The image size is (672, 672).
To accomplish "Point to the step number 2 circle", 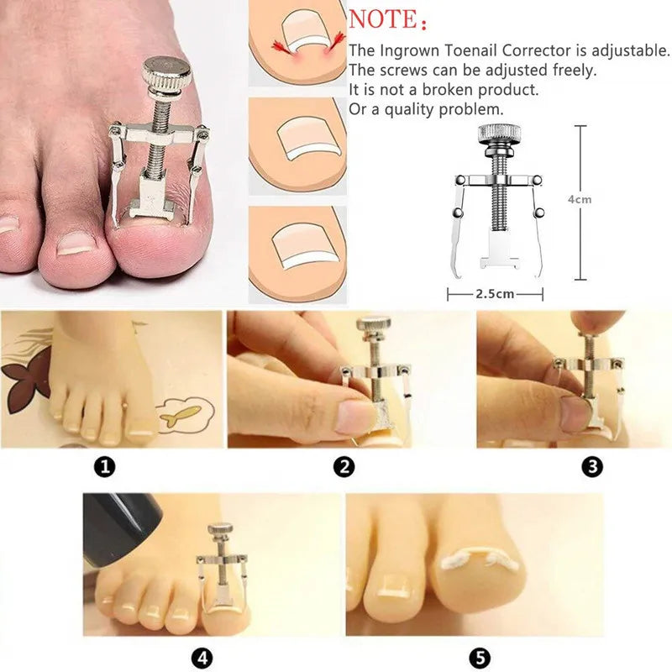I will (344, 467).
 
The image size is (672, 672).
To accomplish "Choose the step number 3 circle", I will (593, 467).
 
